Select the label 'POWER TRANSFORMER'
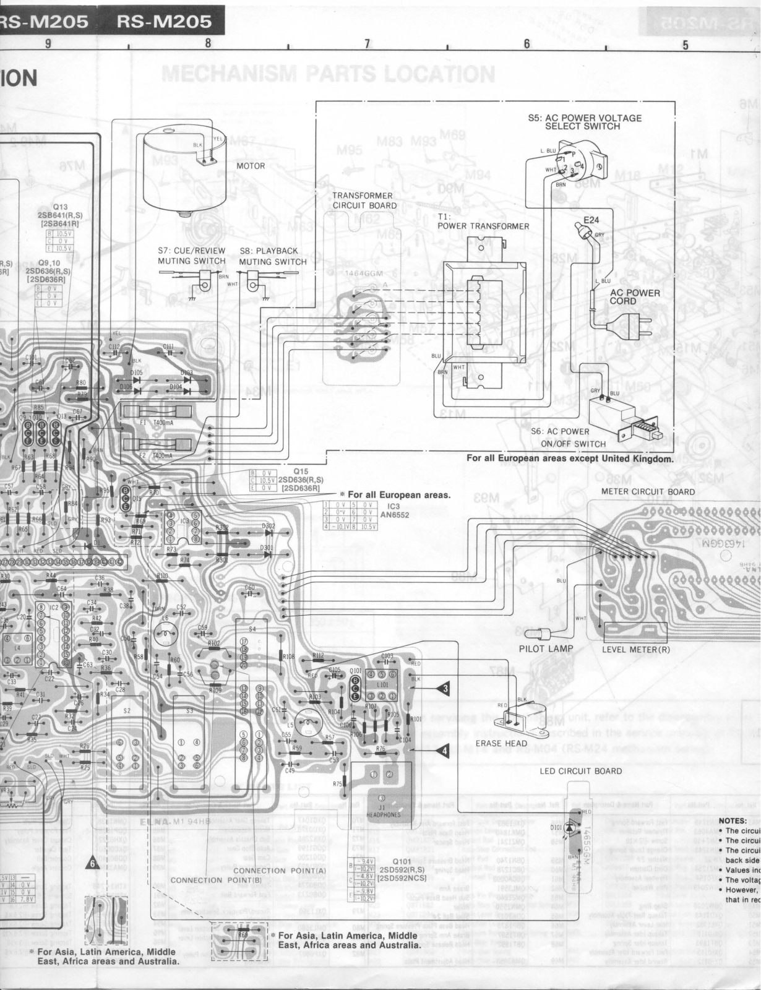tap(483, 226)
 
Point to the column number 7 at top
tap(367, 43)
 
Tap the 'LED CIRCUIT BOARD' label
tap(580, 771)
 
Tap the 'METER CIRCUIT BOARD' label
tap(648, 491)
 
